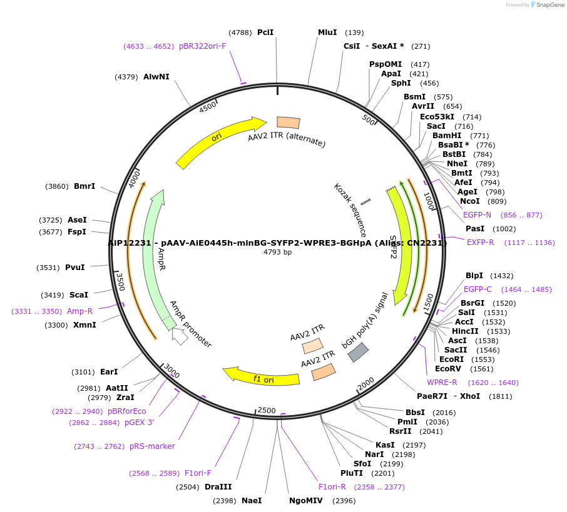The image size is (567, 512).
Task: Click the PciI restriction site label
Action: pos(265,33)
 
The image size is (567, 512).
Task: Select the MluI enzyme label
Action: pos(327,33)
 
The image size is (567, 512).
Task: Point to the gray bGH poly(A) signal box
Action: pos(358,353)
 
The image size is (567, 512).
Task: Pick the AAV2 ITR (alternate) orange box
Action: pos(289,123)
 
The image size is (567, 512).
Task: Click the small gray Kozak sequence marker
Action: pos(365,201)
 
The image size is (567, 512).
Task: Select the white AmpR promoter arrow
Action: pos(180,337)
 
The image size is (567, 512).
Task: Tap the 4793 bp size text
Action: pos(277,253)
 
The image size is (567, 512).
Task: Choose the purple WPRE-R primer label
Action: pos(442,383)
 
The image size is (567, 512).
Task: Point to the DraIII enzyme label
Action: pos(218,487)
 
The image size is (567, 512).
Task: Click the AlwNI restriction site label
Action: pos(156,77)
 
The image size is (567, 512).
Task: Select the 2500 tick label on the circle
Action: pos(267,410)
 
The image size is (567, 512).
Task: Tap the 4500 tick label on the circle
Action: pos(208,108)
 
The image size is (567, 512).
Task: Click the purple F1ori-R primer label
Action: pos(332,487)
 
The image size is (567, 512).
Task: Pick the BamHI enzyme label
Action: pos(447,136)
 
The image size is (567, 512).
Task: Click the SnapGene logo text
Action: pos(549,5)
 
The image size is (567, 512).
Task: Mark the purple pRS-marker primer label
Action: pos(152,446)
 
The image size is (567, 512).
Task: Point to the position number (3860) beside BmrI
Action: pos(58,186)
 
